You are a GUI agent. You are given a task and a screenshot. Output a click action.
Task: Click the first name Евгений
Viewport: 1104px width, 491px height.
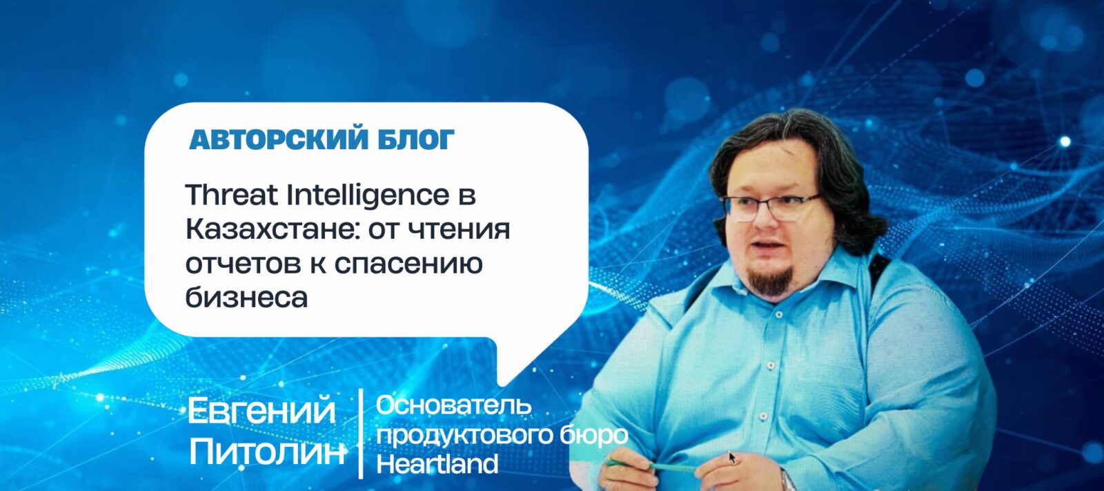point(262,411)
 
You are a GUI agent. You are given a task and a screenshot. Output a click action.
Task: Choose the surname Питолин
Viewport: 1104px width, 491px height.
point(266,452)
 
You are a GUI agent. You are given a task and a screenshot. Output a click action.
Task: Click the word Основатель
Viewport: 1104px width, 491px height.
point(454,405)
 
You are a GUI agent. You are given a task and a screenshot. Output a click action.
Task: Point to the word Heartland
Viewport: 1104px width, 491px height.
point(437,464)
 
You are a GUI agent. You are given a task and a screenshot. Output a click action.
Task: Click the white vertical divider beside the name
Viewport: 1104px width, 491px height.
point(362,434)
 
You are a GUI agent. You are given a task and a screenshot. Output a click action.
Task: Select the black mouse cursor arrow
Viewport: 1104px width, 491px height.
point(732,457)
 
